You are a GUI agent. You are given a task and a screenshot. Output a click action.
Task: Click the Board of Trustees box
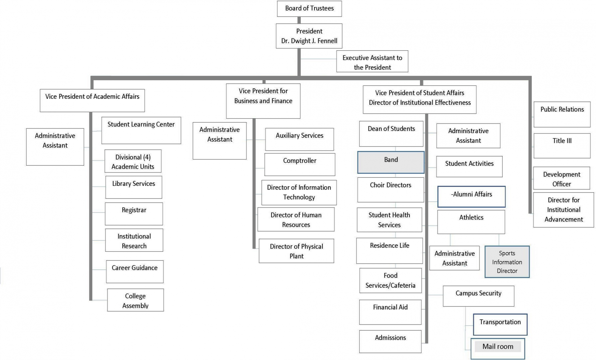point(309,9)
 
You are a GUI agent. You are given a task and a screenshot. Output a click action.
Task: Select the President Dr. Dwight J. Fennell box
point(309,36)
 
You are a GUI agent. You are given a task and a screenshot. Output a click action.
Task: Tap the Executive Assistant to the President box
point(372,62)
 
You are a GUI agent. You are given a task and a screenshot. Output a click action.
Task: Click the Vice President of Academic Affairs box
point(92,100)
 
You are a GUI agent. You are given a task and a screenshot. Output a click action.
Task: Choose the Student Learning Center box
point(141,130)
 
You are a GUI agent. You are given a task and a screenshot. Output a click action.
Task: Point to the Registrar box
point(134,214)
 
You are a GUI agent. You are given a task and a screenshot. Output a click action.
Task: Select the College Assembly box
point(135,300)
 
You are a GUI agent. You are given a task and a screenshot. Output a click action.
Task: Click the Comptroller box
point(300,164)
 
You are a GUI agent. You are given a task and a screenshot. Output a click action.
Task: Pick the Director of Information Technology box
point(299,192)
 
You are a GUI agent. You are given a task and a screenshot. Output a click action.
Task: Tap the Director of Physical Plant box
point(296,251)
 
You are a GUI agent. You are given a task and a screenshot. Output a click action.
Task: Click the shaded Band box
point(391,162)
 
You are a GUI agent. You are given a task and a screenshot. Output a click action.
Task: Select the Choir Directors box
point(391,189)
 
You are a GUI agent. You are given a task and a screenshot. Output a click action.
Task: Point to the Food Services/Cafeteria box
point(391,280)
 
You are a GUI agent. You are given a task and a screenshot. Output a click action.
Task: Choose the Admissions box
point(390,341)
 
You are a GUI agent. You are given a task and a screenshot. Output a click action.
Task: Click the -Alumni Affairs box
point(471,197)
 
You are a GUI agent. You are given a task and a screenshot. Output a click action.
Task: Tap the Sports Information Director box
point(507,262)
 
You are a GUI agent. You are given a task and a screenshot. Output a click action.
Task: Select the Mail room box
point(498,349)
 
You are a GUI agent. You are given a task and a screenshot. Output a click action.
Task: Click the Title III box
point(562,146)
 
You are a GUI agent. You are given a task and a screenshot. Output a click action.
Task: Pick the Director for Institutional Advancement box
point(563,210)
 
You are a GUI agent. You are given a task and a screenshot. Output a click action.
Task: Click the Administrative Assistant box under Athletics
point(454,258)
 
